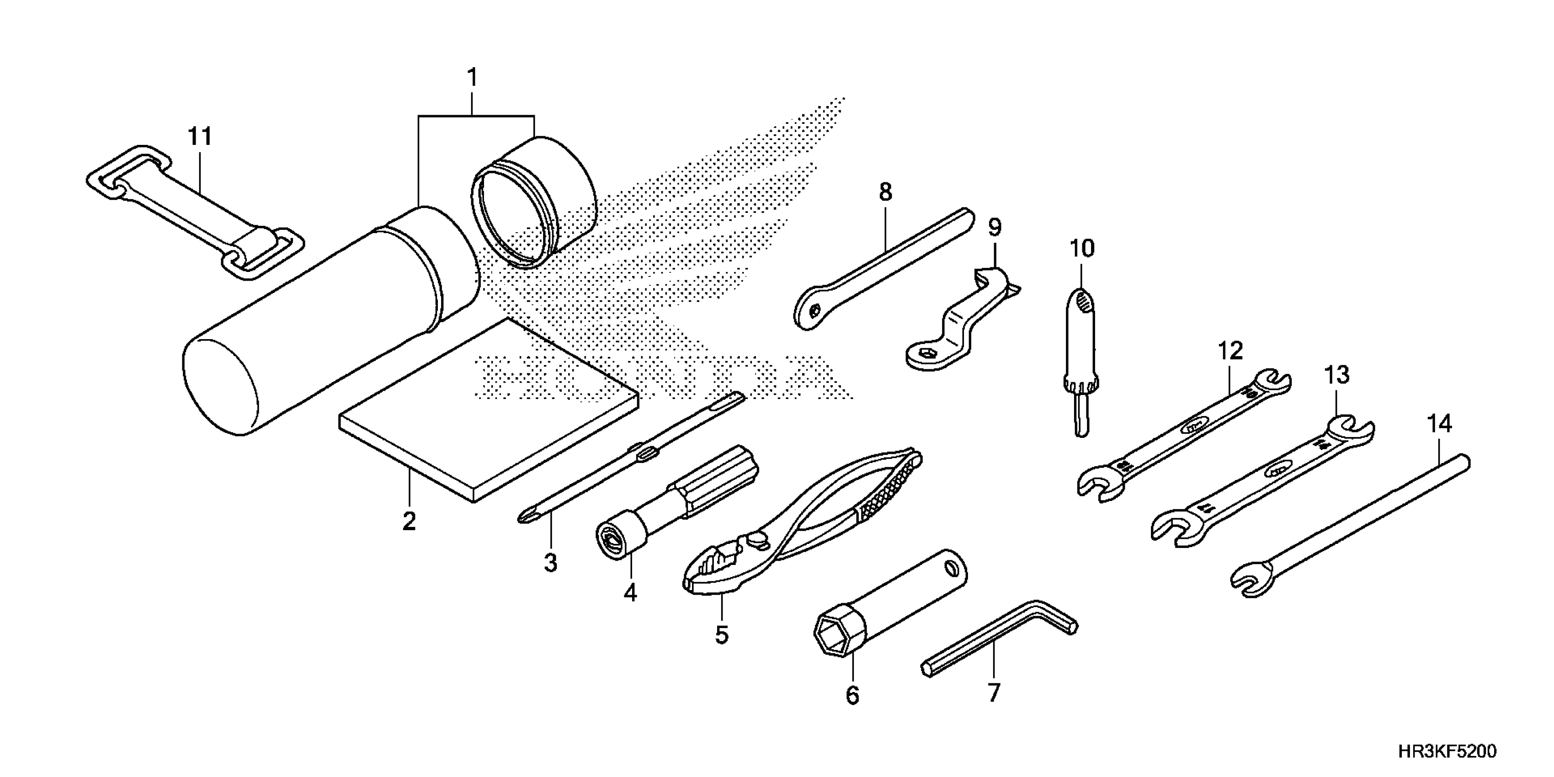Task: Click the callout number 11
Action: [200, 137]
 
